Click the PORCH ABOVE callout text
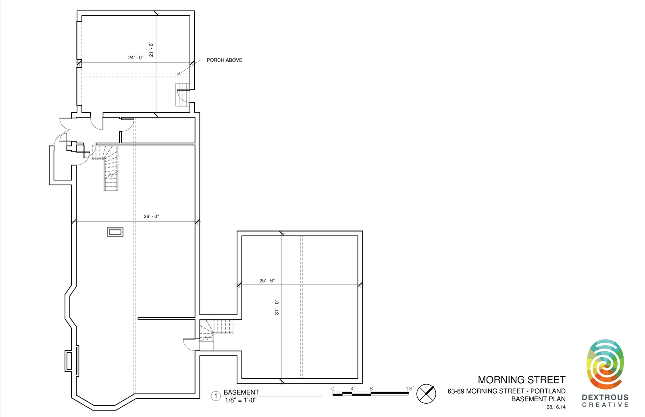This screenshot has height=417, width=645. pos(224,60)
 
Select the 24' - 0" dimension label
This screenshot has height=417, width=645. pos(135,58)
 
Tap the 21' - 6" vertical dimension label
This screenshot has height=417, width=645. pos(151,50)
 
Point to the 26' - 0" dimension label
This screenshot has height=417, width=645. pos(151,216)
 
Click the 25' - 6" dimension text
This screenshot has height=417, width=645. pos(267,280)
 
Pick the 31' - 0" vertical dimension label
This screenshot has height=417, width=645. pos(277,307)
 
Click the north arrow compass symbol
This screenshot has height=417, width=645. pos(426,394)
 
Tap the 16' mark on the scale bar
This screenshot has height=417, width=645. pos(410,388)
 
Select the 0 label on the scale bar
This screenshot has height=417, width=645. pos(333,389)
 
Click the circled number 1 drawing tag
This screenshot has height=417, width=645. pos(216,396)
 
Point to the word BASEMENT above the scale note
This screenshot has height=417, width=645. pos(241,392)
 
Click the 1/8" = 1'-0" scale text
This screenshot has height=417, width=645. pos(241,400)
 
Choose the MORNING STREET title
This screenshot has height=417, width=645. pos(522,380)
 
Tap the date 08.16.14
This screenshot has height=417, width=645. pos(556,407)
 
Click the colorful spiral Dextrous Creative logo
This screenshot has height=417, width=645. pos(605,364)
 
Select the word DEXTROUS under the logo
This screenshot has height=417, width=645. pos(605,397)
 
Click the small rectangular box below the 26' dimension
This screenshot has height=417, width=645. pos(115,232)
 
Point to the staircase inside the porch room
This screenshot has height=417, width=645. pos(183,95)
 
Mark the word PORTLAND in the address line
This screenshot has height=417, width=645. pos(548,391)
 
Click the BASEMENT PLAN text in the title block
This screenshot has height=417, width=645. pos(539,399)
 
